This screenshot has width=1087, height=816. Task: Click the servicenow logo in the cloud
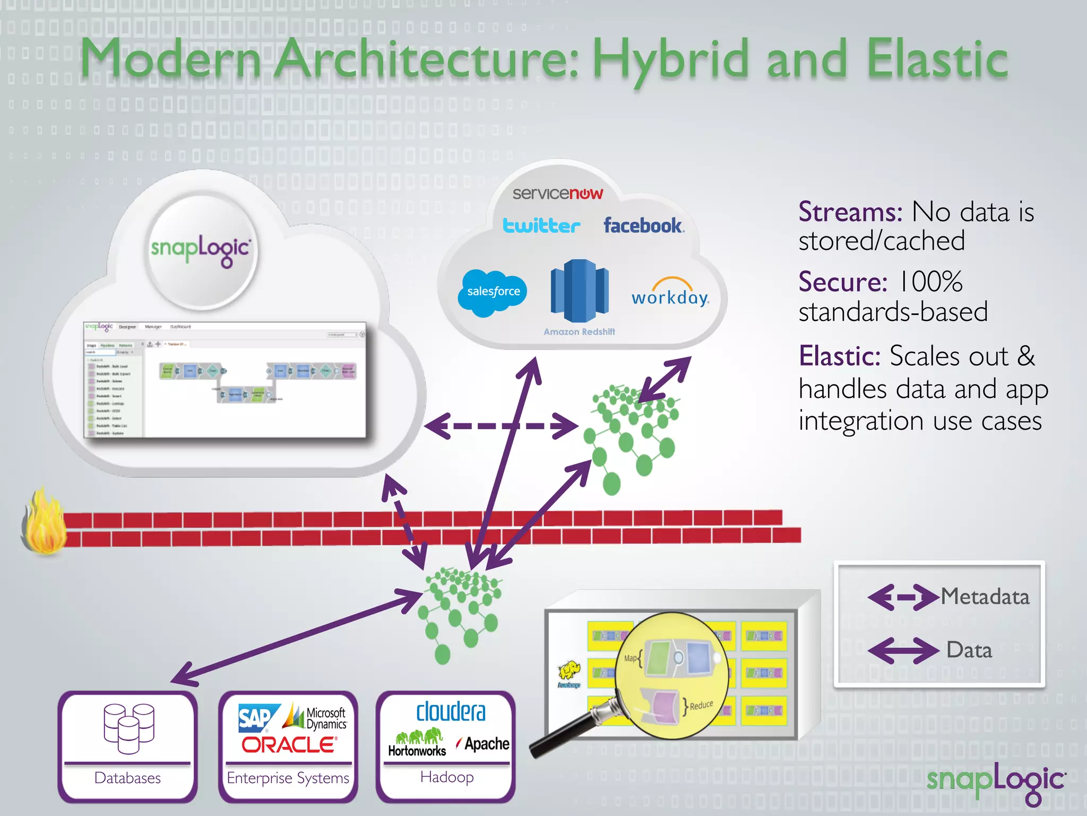557,193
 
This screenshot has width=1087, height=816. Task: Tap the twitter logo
541,226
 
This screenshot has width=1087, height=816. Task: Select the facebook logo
643,226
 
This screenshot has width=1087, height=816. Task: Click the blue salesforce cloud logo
493,292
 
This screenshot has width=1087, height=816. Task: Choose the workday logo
670,293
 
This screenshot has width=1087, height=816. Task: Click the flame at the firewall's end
45,523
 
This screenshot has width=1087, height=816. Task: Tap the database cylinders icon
129,728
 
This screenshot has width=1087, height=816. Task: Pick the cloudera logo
451,712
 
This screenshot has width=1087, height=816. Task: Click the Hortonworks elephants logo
418,743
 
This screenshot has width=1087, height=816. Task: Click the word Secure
842,282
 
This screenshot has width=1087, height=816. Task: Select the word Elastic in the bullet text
840,356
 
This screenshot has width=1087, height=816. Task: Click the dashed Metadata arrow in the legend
903,597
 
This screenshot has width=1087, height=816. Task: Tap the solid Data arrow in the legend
903,650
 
